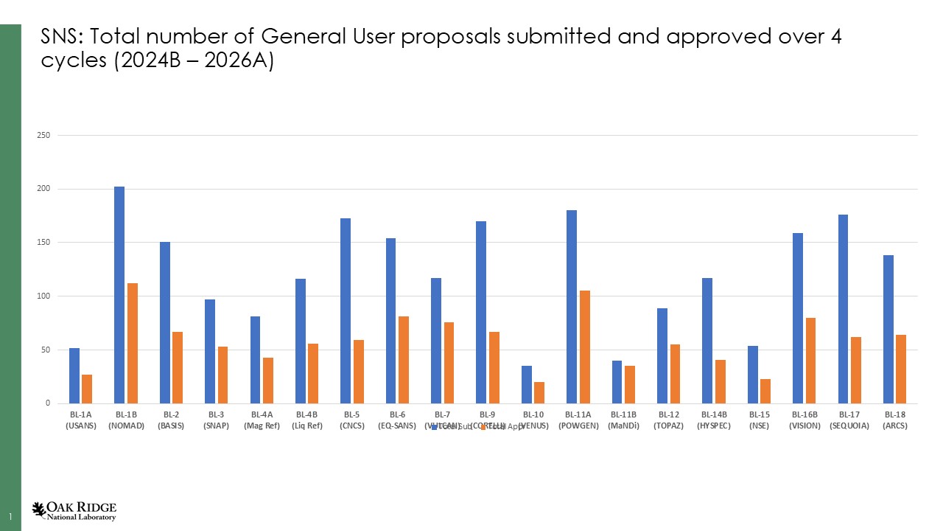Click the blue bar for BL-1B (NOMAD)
click(x=119, y=295)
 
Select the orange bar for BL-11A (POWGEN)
click(x=584, y=347)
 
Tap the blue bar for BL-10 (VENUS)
click(x=526, y=384)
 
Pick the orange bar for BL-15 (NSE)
click(x=765, y=391)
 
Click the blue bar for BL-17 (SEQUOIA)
click(x=843, y=309)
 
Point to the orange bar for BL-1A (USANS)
click(x=87, y=389)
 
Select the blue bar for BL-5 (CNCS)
click(x=346, y=310)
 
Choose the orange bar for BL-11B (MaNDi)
click(x=629, y=384)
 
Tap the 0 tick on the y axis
click(x=46, y=403)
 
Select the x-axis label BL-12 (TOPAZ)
click(x=668, y=420)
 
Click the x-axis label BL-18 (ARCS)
click(x=894, y=420)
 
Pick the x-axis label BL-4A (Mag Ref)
click(x=262, y=420)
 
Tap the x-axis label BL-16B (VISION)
click(x=804, y=420)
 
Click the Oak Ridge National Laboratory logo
click(x=74, y=510)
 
